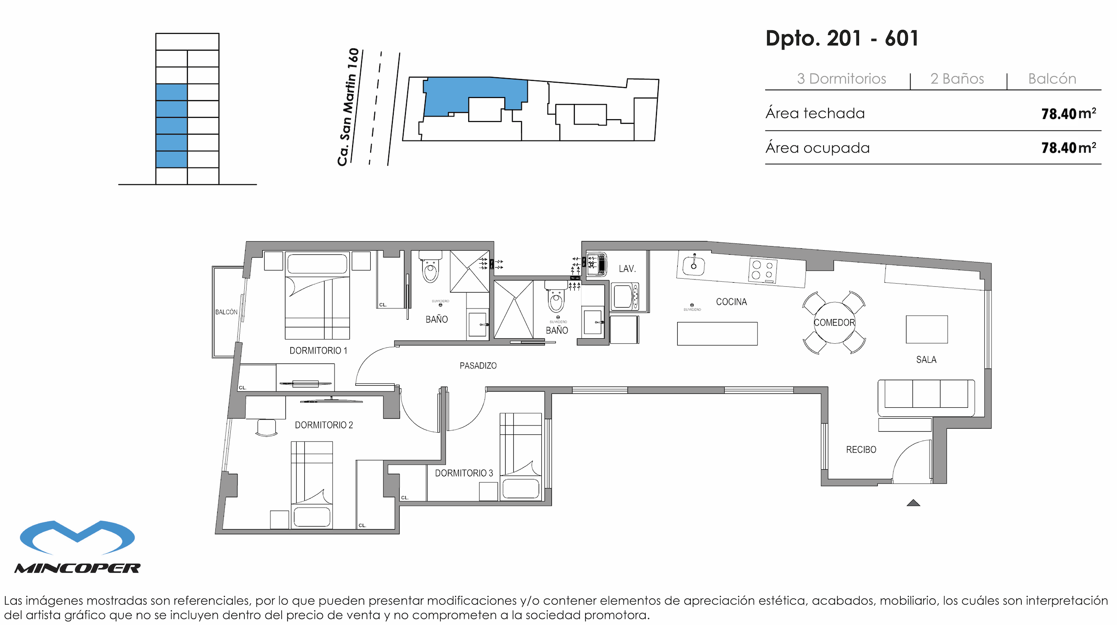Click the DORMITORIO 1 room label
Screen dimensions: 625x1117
318,350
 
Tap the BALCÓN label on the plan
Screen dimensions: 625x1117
226,312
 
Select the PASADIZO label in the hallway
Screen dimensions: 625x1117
478,365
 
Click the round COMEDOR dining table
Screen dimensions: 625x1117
834,322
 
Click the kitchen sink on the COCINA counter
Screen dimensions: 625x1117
693,266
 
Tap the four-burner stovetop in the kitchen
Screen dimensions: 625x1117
763,270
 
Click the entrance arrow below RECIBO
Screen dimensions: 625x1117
913,503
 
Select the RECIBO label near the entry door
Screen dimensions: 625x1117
861,449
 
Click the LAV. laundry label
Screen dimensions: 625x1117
627,269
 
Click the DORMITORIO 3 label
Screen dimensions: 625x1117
464,473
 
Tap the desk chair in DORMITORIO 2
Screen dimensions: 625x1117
266,427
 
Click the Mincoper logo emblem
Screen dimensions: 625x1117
77,537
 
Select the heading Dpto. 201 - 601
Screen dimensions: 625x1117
842,38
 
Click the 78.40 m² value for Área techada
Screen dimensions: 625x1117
1068,114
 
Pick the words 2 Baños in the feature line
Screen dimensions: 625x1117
957,79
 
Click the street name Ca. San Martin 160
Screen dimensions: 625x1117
348,107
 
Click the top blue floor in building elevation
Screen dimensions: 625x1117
171,92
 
